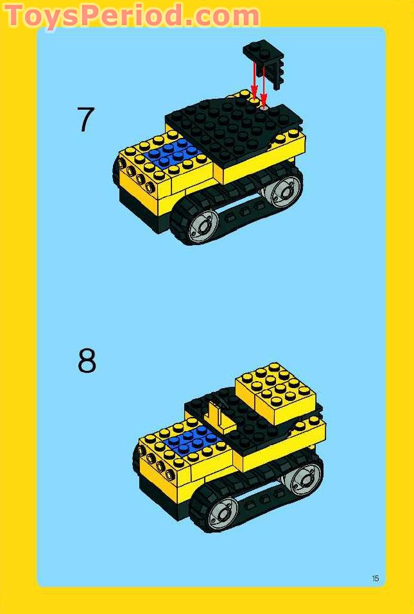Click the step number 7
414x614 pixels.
[x=86, y=119]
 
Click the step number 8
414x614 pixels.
[x=87, y=361]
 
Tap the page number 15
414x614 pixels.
[x=375, y=578]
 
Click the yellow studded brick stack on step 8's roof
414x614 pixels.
[x=276, y=393]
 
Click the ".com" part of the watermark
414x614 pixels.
[x=221, y=17]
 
